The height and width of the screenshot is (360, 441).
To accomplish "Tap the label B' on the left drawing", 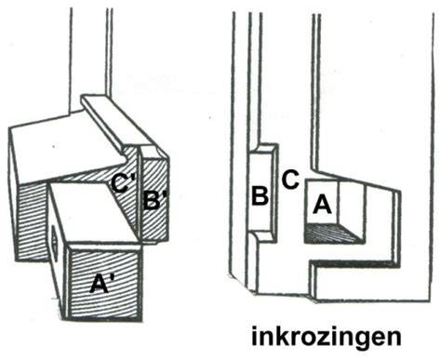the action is [155, 201].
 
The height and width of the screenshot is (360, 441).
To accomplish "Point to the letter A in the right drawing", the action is [322, 205].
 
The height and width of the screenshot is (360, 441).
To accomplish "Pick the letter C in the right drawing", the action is [290, 180].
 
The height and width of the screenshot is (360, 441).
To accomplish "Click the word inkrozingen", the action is [326, 336].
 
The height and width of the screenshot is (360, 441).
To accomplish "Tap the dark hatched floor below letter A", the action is [332, 233].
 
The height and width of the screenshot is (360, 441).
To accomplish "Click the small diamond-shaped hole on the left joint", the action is [55, 241].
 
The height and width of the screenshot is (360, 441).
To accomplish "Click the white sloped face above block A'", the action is [93, 214].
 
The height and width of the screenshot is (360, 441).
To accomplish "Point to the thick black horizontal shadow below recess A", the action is [354, 264].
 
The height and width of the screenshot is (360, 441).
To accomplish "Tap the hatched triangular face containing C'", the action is [124, 193].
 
